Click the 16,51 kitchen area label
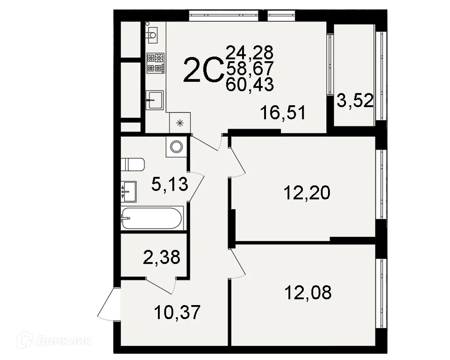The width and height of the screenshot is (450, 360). click(283, 112)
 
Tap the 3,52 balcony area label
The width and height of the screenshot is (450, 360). click(355, 100)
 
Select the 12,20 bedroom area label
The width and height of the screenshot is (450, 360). click(307, 193)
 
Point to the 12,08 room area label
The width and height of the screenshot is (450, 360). click(308, 292)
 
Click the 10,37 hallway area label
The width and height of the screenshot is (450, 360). click(177, 312)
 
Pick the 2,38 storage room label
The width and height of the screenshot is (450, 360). click(162, 257)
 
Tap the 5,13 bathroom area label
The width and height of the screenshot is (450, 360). click(170, 184)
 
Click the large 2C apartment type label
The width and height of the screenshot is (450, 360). click(204, 70)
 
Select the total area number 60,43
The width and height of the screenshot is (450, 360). click(250, 85)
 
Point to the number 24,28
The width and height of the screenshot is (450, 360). click(250, 53)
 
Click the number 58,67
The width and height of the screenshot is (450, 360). click(250, 68)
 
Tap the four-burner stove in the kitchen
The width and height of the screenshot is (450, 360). click(155, 63)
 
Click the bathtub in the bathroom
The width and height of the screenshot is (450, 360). click(152, 218)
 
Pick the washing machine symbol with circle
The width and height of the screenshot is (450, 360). click(176, 147)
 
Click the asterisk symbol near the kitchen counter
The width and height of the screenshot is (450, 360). click(180, 123)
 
